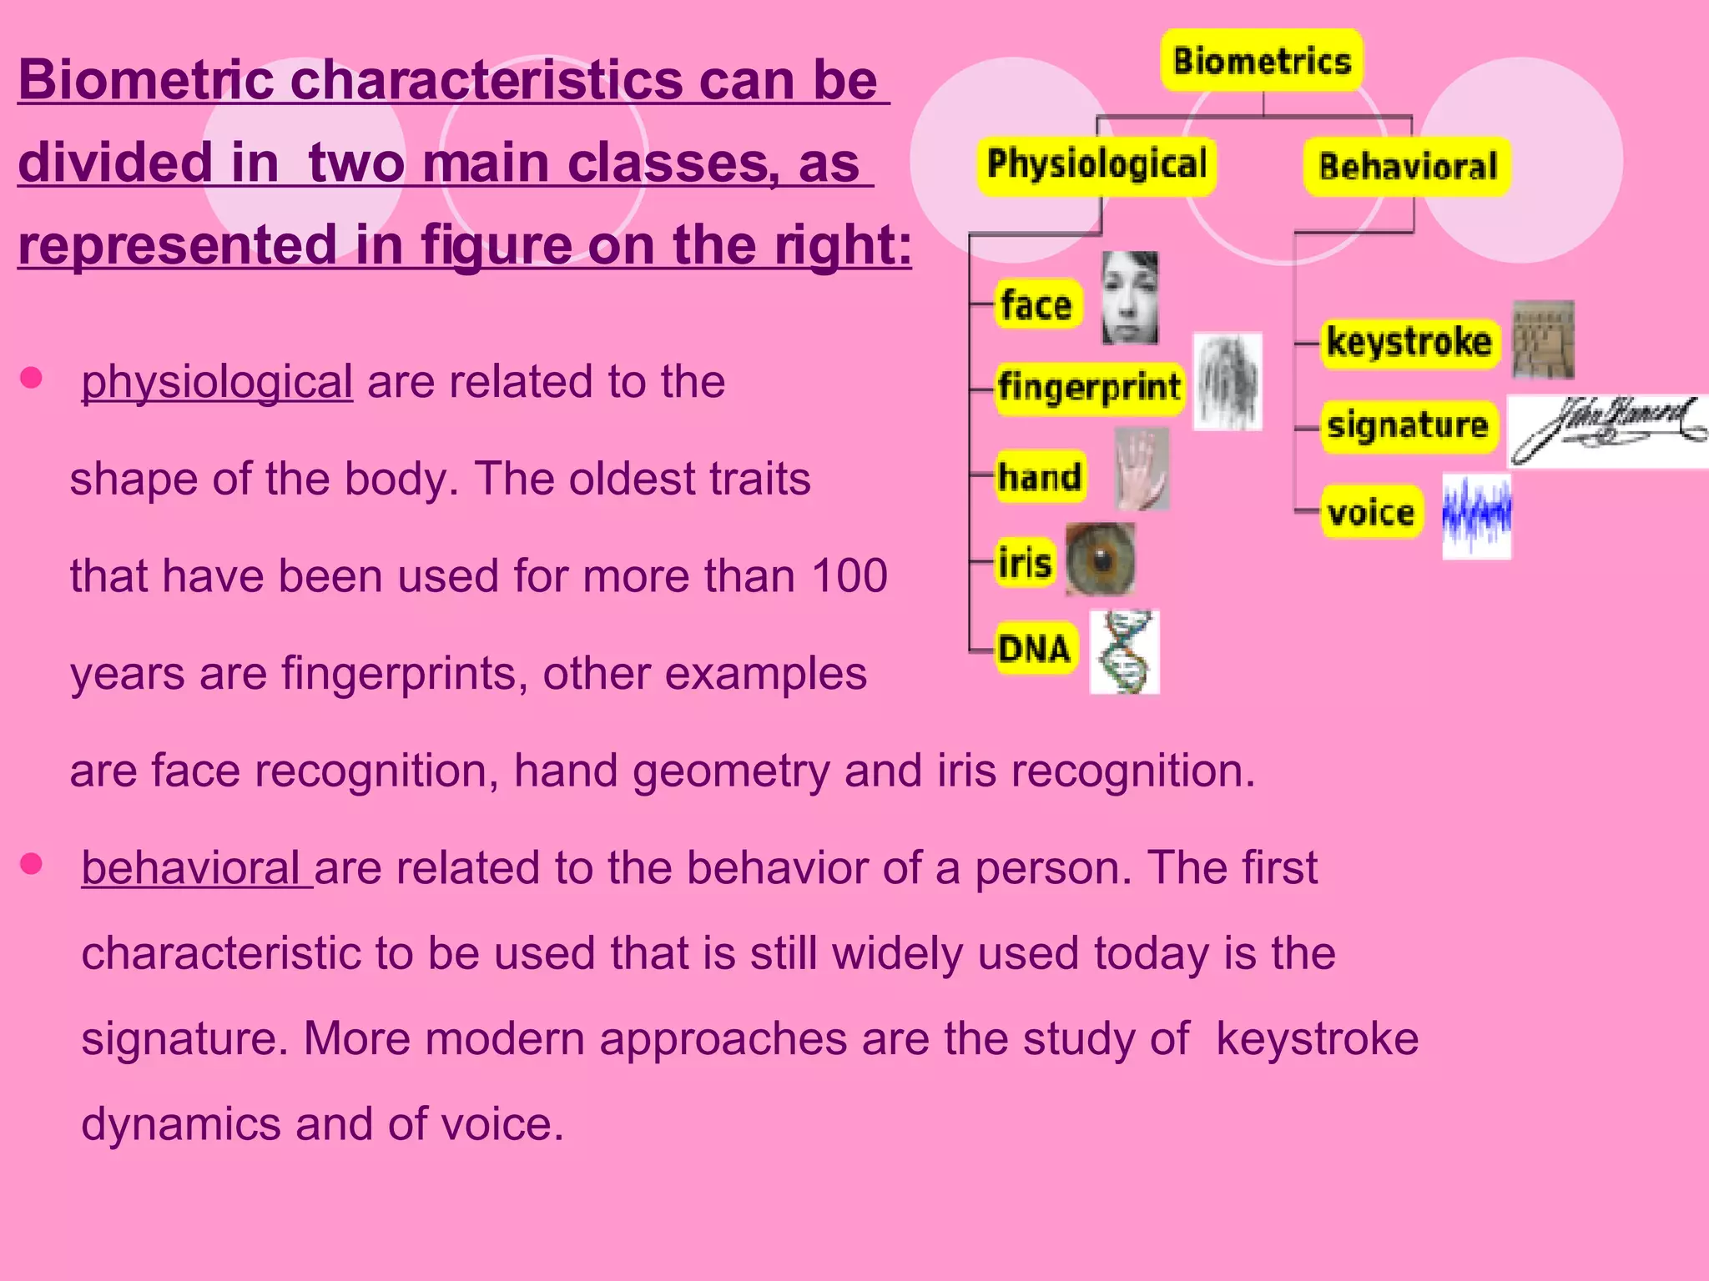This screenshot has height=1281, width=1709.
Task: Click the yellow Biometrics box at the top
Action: [1261, 61]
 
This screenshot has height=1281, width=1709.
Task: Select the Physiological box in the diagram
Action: [1096, 164]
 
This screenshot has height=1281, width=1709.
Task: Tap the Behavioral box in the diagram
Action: [1408, 167]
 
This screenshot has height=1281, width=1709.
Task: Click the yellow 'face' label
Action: [1037, 304]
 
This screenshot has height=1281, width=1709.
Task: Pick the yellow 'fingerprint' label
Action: [1090, 388]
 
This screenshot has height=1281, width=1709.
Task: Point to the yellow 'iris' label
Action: [1025, 563]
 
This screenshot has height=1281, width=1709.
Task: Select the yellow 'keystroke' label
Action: [1409, 343]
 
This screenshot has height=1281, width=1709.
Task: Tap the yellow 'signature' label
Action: [1408, 426]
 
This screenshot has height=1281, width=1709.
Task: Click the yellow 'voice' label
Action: [1371, 512]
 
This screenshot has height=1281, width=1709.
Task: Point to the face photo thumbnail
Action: [1130, 298]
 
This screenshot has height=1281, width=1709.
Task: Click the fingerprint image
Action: [1227, 382]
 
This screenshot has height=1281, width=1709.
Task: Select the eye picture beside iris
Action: [1101, 559]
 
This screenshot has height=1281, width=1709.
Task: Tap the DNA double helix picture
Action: [1125, 652]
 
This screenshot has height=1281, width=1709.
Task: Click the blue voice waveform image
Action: [1476, 516]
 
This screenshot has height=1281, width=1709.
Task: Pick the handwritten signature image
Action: [1607, 430]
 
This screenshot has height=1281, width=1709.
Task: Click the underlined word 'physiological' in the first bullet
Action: [217, 382]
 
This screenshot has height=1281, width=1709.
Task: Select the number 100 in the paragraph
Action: [849, 575]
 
